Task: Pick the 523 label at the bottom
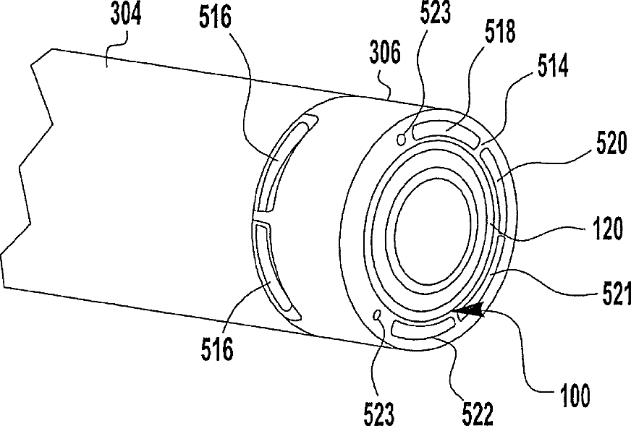click(378, 414)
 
